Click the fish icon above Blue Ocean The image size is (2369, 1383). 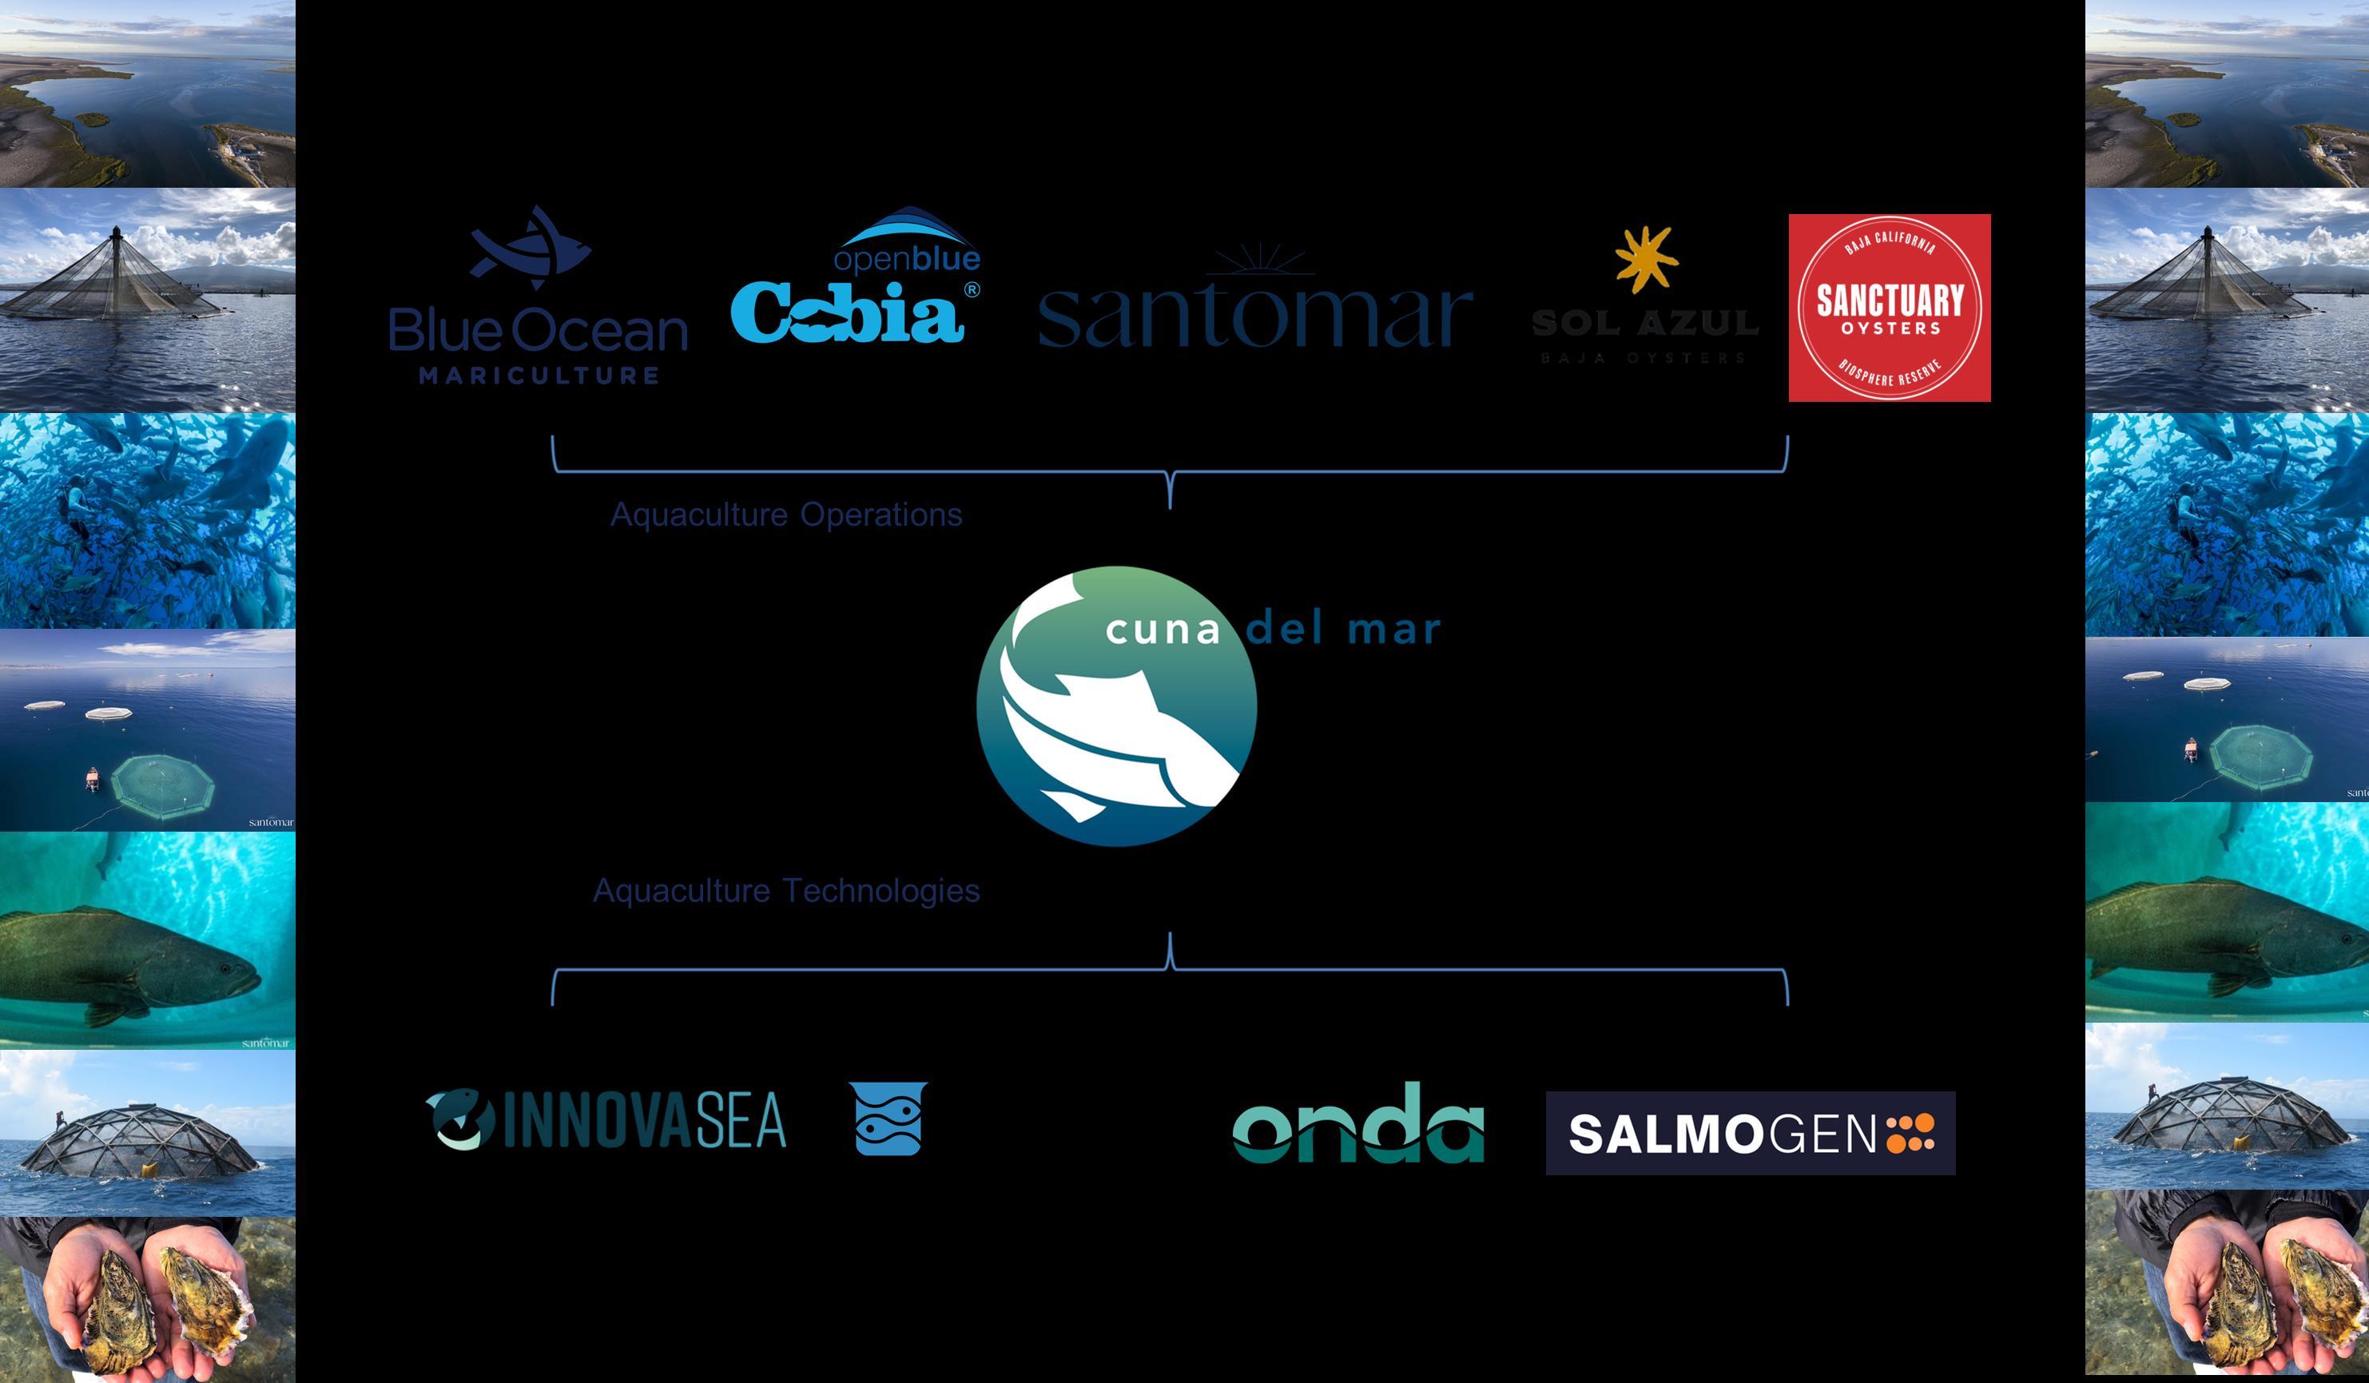(529, 247)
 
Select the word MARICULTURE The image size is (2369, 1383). (539, 376)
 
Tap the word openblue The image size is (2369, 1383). (906, 257)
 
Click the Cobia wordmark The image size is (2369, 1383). (847, 313)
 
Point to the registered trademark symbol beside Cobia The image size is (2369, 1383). (972, 289)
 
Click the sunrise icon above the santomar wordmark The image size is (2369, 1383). (1260, 259)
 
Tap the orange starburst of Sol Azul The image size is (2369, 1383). (1646, 257)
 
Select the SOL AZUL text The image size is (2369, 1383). (1644, 324)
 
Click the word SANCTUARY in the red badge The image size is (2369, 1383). (1890, 301)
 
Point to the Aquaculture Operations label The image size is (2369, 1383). (786, 515)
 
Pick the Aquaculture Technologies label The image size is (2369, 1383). (786, 889)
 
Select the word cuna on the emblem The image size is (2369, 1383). (1162, 630)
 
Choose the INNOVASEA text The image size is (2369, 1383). (645, 1120)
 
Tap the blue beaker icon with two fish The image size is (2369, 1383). (888, 1118)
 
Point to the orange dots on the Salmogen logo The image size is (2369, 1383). (1910, 1132)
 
